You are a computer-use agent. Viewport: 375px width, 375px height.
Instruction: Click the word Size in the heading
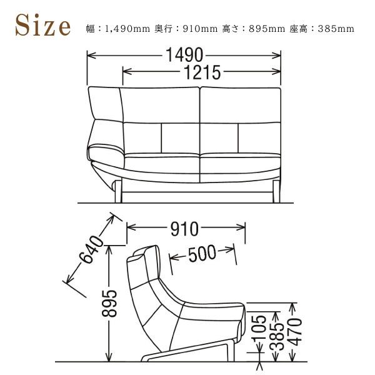[x=42, y=25]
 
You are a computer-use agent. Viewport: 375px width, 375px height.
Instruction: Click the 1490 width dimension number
[x=184, y=55]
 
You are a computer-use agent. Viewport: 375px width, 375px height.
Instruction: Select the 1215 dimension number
[x=202, y=72]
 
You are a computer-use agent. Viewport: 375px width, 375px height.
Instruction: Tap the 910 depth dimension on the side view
[x=184, y=229]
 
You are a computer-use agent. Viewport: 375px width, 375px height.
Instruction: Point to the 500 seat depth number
[x=202, y=254]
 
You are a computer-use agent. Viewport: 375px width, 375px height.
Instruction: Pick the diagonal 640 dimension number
[x=91, y=249]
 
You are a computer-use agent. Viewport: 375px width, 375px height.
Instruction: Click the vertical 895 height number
[x=109, y=304]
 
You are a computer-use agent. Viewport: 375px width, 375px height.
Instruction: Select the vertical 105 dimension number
[x=260, y=327]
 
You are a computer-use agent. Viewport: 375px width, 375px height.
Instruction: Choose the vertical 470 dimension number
[x=295, y=332]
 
